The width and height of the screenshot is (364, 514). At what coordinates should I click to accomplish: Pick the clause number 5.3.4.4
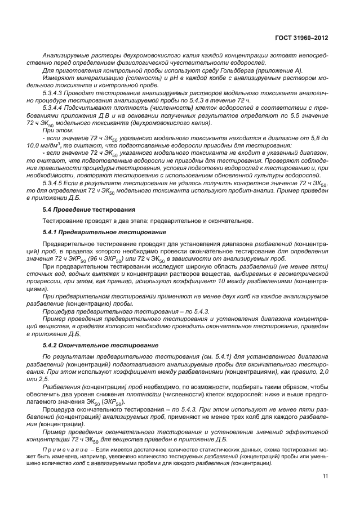click(55, 107)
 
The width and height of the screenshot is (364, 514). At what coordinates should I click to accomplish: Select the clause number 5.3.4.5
click(55, 183)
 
